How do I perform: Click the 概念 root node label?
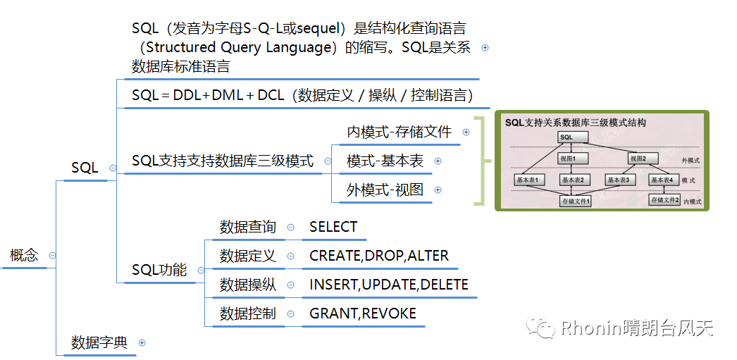click(24, 256)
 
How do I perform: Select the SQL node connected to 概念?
click(85, 168)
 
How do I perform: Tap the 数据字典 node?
click(99, 343)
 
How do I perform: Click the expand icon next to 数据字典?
click(142, 343)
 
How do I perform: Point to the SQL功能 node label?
click(159, 270)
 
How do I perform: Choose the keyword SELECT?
click(333, 227)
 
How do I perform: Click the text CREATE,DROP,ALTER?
click(378, 256)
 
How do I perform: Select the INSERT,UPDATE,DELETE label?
click(388, 285)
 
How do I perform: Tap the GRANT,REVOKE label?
click(363, 314)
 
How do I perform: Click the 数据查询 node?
click(247, 227)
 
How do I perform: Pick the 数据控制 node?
click(247, 314)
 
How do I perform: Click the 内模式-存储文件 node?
click(399, 132)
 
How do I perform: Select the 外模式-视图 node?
click(385, 190)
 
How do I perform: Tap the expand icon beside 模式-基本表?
click(438, 161)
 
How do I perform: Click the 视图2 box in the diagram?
click(638, 159)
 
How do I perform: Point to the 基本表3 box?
click(620, 180)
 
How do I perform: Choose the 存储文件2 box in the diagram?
click(664, 200)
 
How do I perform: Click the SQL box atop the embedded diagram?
click(566, 137)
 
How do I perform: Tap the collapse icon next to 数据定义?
click(291, 256)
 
